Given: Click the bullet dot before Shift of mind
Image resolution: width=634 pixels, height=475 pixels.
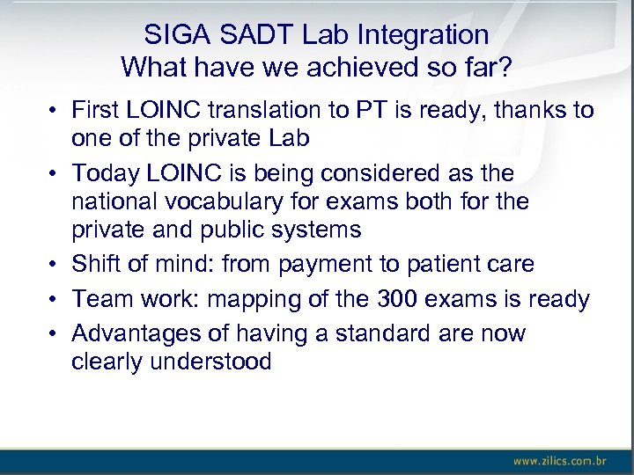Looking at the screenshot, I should (x=54, y=265).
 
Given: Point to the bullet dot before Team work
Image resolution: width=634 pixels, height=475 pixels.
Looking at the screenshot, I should (x=54, y=300).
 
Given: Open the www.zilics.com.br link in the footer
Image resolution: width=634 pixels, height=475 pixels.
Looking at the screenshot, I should (x=559, y=460).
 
